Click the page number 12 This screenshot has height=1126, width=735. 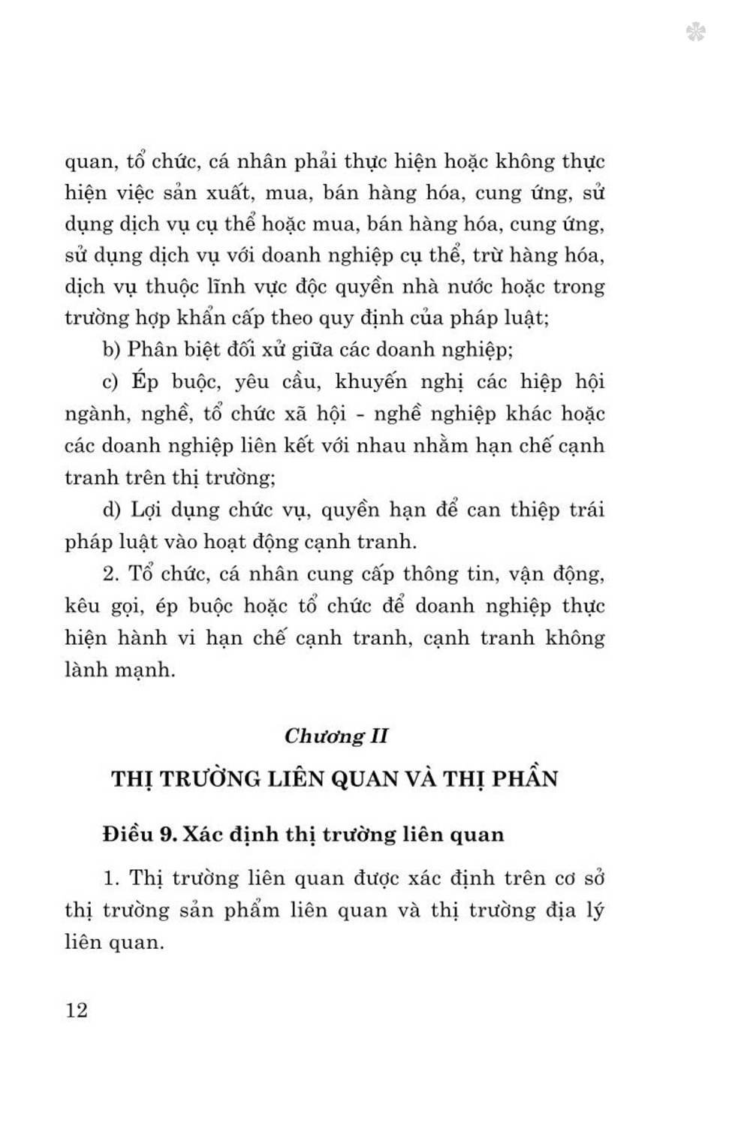click(77, 1010)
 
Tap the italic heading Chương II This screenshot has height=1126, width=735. click(336, 735)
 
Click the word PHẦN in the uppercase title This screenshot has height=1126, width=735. click(526, 778)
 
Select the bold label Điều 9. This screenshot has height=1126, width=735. click(140, 834)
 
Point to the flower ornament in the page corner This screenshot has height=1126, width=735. click(695, 32)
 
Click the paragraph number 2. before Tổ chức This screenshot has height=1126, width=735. click(112, 574)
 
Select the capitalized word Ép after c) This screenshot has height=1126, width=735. click(145, 382)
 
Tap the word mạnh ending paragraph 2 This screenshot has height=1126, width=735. click(143, 670)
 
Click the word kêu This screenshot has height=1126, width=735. click(82, 606)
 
